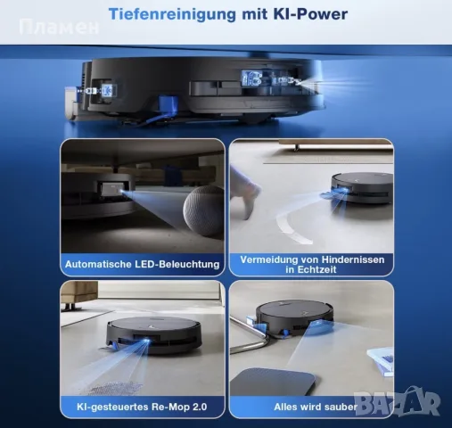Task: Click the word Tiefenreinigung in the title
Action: coord(172,14)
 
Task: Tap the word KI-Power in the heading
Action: coord(310,14)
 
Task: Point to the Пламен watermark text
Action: coord(59,27)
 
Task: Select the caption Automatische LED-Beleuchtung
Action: coord(142,264)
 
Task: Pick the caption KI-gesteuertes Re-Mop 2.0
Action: coord(142,407)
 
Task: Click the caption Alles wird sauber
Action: coord(316,407)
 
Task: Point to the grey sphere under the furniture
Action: coord(202,211)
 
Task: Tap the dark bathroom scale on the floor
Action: coord(274,382)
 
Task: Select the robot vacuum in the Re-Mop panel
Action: coord(154,335)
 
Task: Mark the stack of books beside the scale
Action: coord(382,362)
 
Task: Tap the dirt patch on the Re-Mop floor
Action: coord(117,387)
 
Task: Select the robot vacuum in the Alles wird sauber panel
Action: coord(295,319)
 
